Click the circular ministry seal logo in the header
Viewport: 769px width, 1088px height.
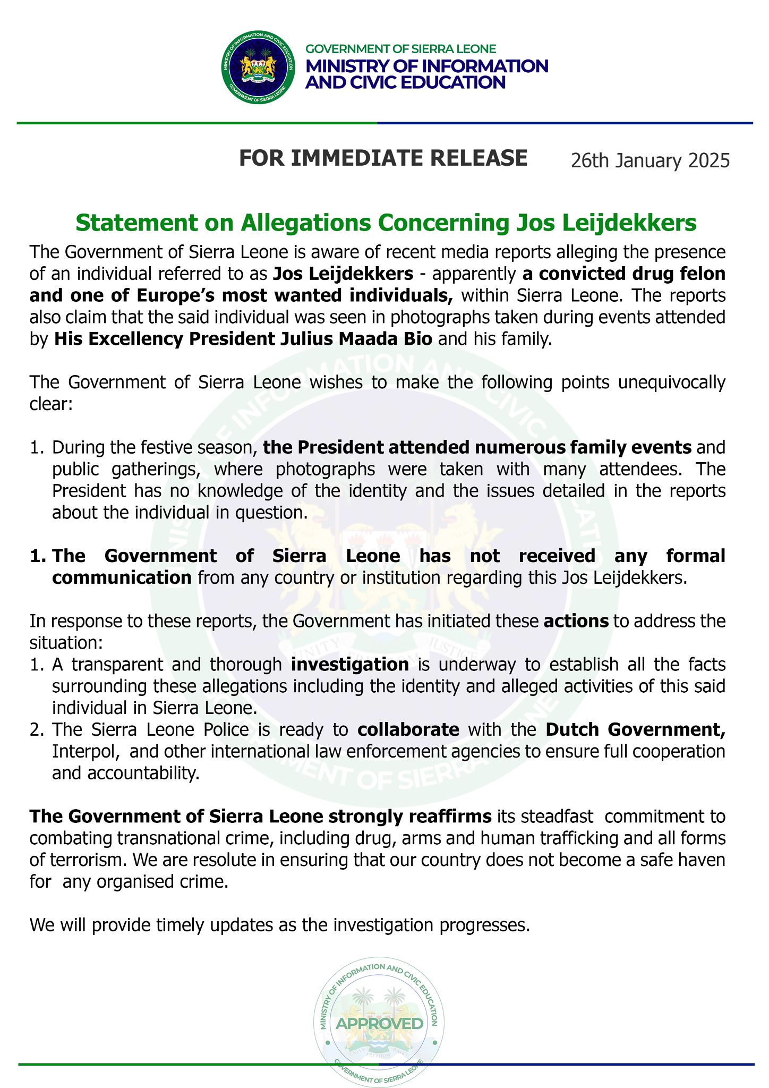tap(258, 67)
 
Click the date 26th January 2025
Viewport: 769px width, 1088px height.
tap(650, 160)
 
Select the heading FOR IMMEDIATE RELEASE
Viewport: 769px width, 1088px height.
tap(383, 158)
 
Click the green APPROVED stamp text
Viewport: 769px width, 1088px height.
tap(380, 1024)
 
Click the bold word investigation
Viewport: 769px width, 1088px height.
tap(350, 664)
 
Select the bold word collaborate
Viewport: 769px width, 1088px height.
tap(408, 729)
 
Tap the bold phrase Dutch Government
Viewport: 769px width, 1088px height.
tap(635, 729)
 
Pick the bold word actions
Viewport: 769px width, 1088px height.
tap(576, 621)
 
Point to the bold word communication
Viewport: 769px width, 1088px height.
tap(122, 577)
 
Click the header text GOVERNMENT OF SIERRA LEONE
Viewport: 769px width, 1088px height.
tap(400, 49)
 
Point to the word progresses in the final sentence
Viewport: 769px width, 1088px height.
tap(484, 925)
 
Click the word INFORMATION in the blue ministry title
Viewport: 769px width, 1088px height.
tap(472, 66)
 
